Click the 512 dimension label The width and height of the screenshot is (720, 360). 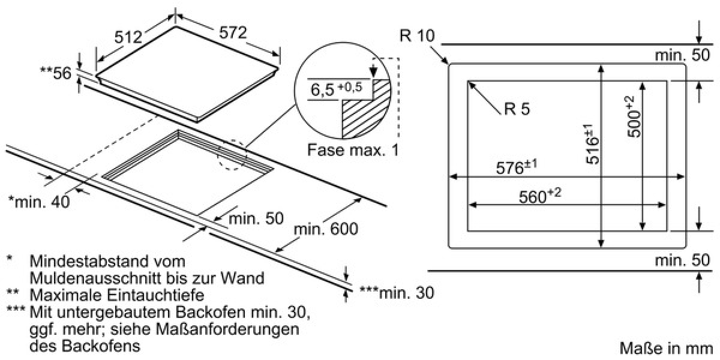tap(128, 37)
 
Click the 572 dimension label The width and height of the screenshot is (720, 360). tap(233, 32)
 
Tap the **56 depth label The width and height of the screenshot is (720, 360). tap(55, 73)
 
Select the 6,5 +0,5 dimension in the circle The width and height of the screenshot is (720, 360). tap(336, 88)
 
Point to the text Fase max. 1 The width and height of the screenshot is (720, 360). tap(353, 150)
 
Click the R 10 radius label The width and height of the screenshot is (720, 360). tap(417, 35)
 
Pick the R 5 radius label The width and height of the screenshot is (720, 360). tap(517, 109)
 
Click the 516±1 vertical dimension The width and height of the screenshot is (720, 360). tap(592, 145)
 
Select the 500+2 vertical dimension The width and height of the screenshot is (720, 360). tap(634, 116)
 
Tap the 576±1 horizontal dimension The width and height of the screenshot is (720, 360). tap(516, 167)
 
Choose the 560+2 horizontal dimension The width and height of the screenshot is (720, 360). tap(539, 196)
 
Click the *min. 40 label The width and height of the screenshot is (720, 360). tap(39, 202)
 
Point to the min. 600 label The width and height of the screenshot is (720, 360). tap(326, 229)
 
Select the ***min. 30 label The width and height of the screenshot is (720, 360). tap(397, 293)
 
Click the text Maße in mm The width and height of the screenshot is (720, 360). tap(667, 348)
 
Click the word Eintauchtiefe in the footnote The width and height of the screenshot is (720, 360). tap(155, 295)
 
